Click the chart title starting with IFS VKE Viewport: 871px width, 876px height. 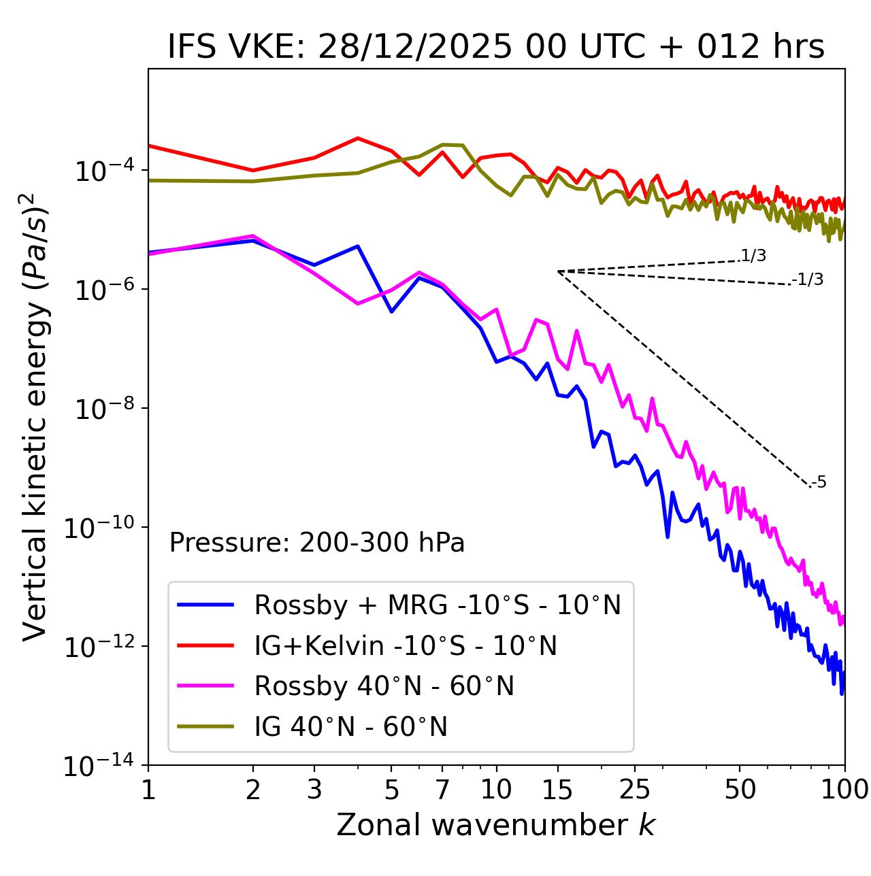496,47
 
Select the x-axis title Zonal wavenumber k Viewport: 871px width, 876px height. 496,824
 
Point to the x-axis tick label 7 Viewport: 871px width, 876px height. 442,790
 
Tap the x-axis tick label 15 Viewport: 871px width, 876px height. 557,790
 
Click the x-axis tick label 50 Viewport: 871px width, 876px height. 740,790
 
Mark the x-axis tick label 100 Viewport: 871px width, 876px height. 844,790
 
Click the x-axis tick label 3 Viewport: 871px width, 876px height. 314,790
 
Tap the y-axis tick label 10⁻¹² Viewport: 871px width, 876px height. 103,647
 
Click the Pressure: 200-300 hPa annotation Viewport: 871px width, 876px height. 317,543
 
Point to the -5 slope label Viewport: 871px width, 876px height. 819,483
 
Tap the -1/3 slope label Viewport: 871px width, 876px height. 808,280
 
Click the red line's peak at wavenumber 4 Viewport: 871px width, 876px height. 358,138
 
